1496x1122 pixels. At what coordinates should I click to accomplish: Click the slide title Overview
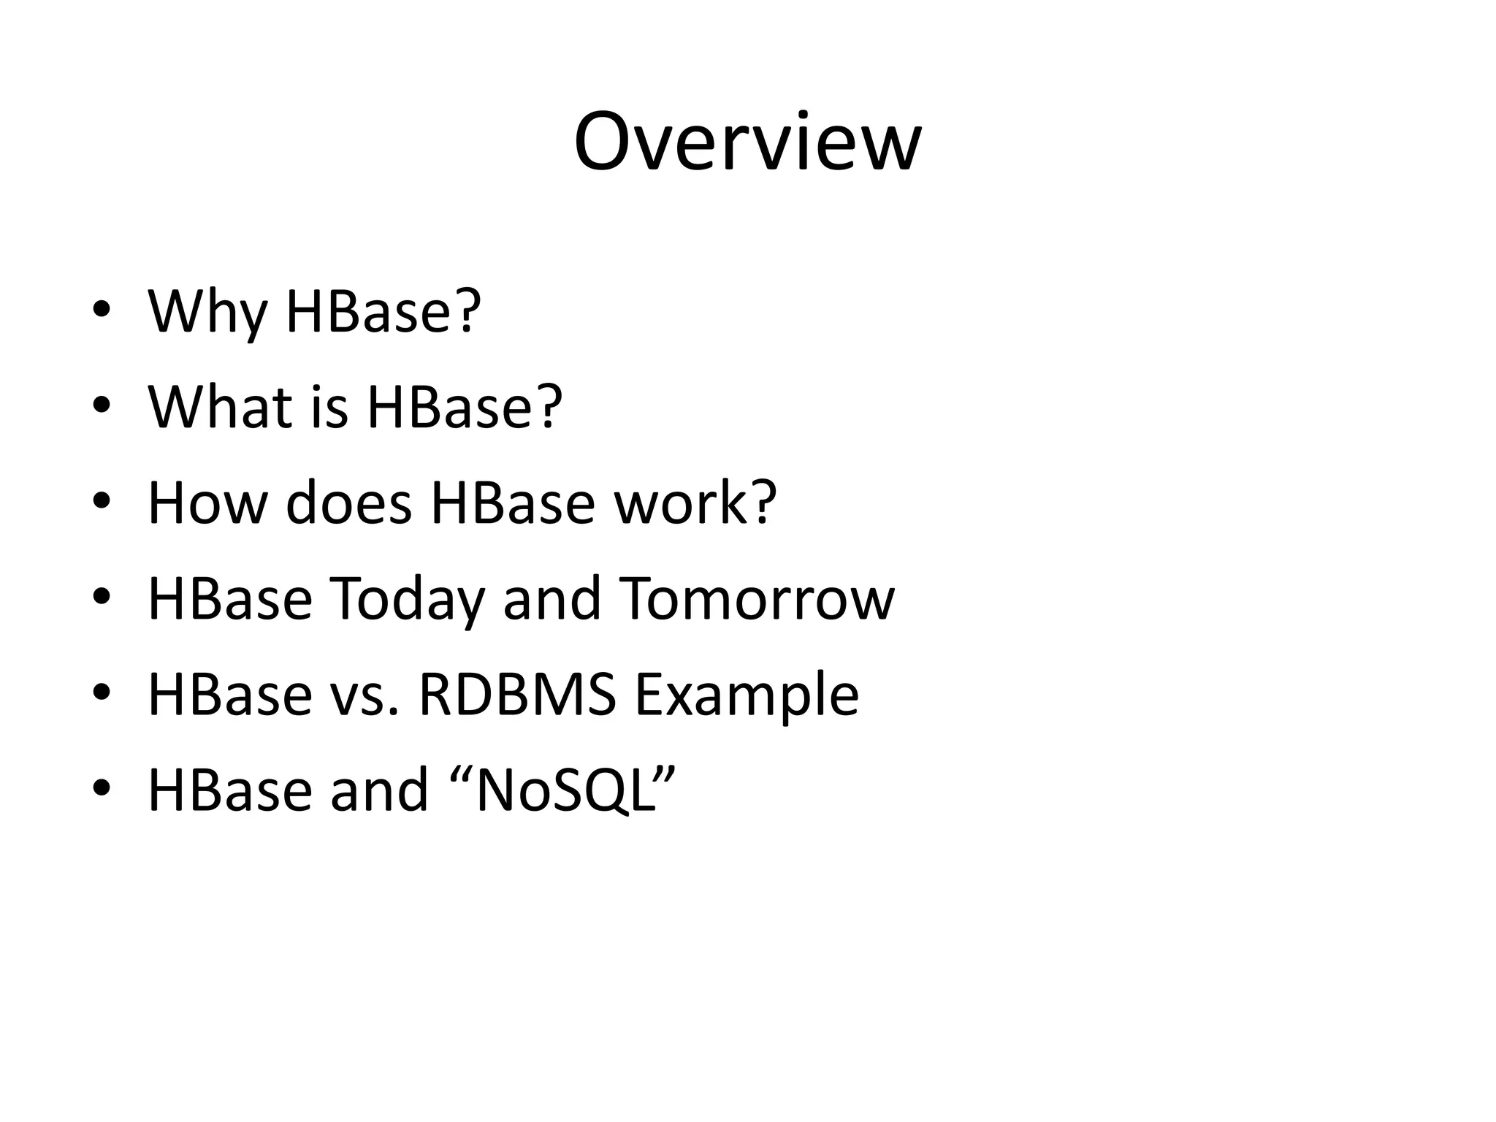pyautogui.click(x=747, y=142)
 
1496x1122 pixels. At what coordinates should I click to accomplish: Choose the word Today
pyautogui.click(x=407, y=599)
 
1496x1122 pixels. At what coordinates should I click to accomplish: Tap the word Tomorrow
pyautogui.click(x=756, y=599)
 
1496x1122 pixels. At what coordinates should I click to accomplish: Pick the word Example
pyautogui.click(x=746, y=695)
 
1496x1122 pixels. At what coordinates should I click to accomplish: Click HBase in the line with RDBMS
pyautogui.click(x=230, y=695)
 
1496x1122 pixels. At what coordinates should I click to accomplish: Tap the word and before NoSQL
pyautogui.click(x=378, y=790)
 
